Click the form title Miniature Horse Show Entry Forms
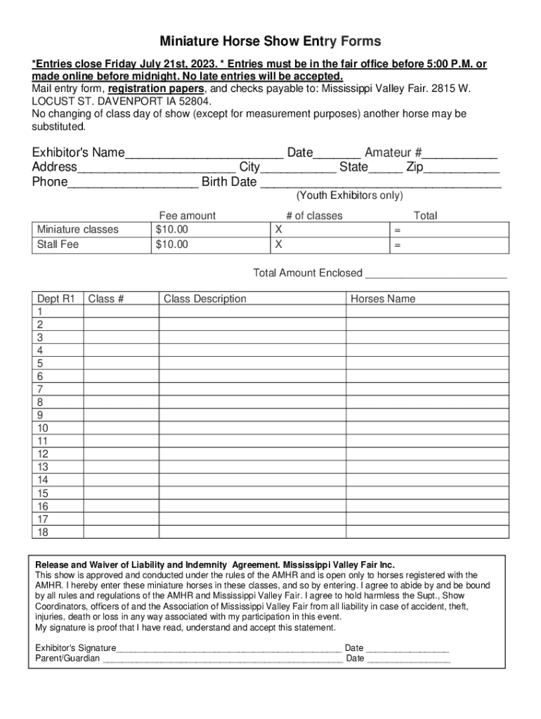pos(270,41)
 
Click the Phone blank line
pos(133,183)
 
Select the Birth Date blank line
pos(380,183)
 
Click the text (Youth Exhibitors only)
pos(349,196)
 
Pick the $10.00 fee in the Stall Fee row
pos(172,244)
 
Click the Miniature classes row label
pos(78,230)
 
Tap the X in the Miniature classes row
pos(279,230)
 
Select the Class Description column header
pos(205,299)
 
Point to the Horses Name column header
pos(383,299)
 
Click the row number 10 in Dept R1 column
pos(43,428)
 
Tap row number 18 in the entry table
pos(43,532)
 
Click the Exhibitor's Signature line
pos(229,648)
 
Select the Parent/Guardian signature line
pos(223,659)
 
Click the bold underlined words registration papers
pos(156,89)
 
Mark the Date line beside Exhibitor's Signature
pos(408,648)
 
